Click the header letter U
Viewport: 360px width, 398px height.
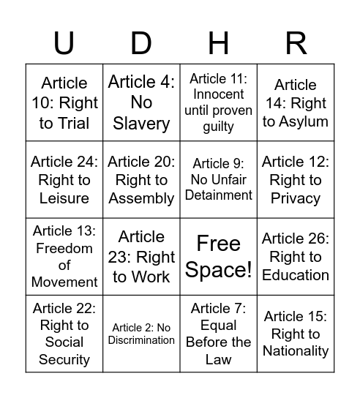tap(64, 44)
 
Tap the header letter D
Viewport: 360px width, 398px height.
tap(141, 44)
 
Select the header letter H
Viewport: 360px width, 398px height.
tap(219, 44)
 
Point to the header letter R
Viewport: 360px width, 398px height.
tap(296, 44)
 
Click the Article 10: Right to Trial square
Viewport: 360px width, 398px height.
tap(64, 103)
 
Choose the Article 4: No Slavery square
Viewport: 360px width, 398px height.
tap(141, 103)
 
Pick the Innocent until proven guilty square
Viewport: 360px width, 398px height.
tap(219, 103)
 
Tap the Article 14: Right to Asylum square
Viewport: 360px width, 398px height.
tap(296, 103)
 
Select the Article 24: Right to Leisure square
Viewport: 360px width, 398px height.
tap(64, 180)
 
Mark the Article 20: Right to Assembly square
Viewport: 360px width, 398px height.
tap(141, 180)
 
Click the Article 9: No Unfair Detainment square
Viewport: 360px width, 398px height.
tap(219, 180)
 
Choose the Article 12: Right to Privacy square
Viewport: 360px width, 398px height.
tap(296, 180)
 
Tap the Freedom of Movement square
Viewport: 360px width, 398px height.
tap(64, 257)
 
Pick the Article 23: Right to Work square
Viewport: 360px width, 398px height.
tap(141, 257)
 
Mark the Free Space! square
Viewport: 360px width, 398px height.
tap(219, 257)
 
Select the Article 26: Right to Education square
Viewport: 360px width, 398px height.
tap(296, 257)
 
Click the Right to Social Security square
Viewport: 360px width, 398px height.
tap(64, 334)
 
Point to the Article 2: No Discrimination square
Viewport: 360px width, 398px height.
tap(141, 334)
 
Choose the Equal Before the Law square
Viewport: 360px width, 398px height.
tap(219, 334)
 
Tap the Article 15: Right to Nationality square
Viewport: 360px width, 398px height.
tap(296, 334)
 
